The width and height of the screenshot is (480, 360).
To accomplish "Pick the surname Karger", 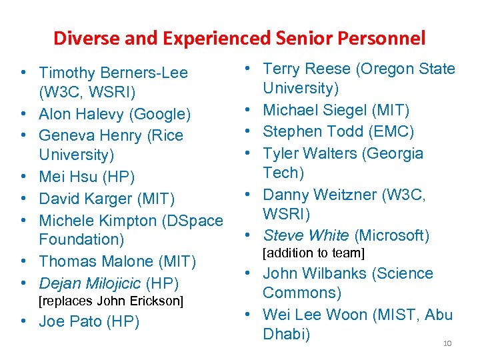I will [109, 199].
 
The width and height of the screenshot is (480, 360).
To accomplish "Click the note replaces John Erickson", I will [111, 301].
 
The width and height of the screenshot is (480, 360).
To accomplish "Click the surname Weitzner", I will [343, 195].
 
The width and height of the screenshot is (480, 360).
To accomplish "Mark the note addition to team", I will [314, 253].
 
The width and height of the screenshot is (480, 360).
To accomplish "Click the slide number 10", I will [447, 343].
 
